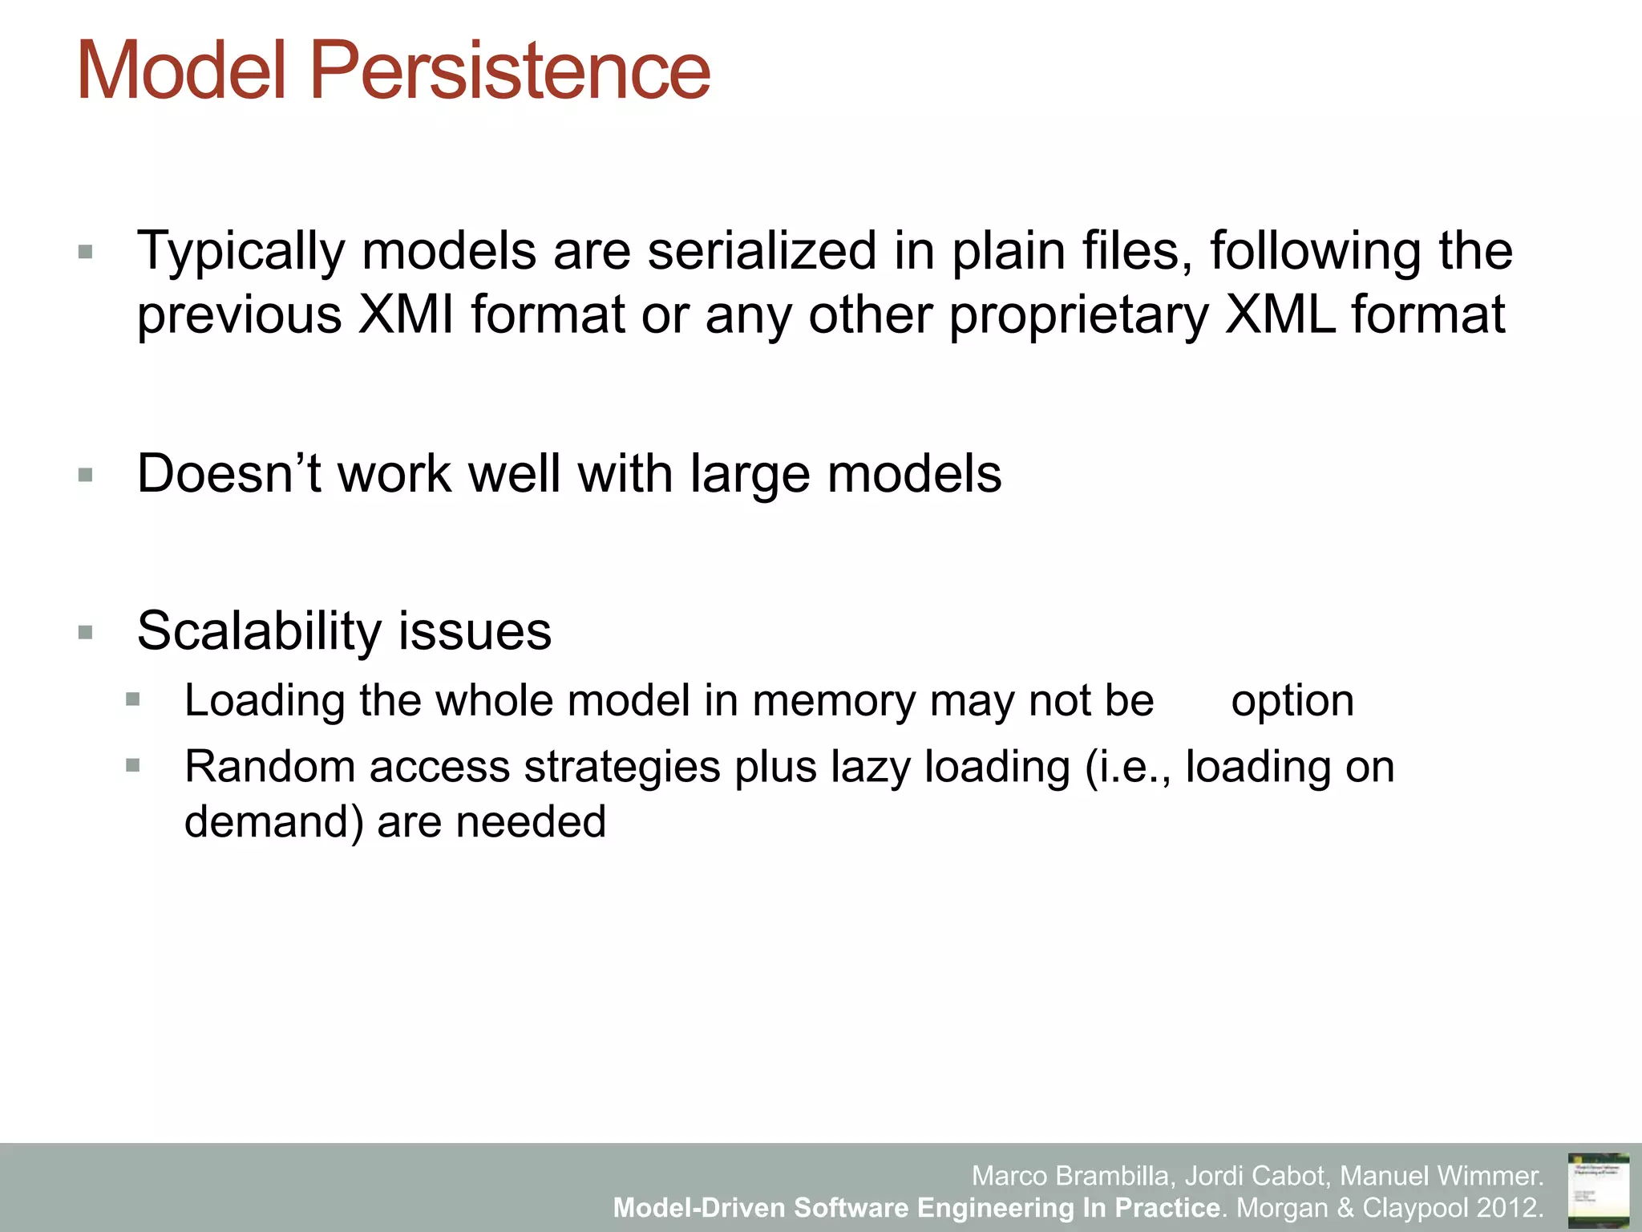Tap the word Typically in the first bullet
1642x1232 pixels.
241,252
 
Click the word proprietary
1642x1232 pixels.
1078,316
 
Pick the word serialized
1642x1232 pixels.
762,252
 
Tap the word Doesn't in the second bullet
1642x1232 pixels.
229,473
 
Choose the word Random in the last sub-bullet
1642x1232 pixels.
269,766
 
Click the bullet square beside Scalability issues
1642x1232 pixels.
86,633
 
